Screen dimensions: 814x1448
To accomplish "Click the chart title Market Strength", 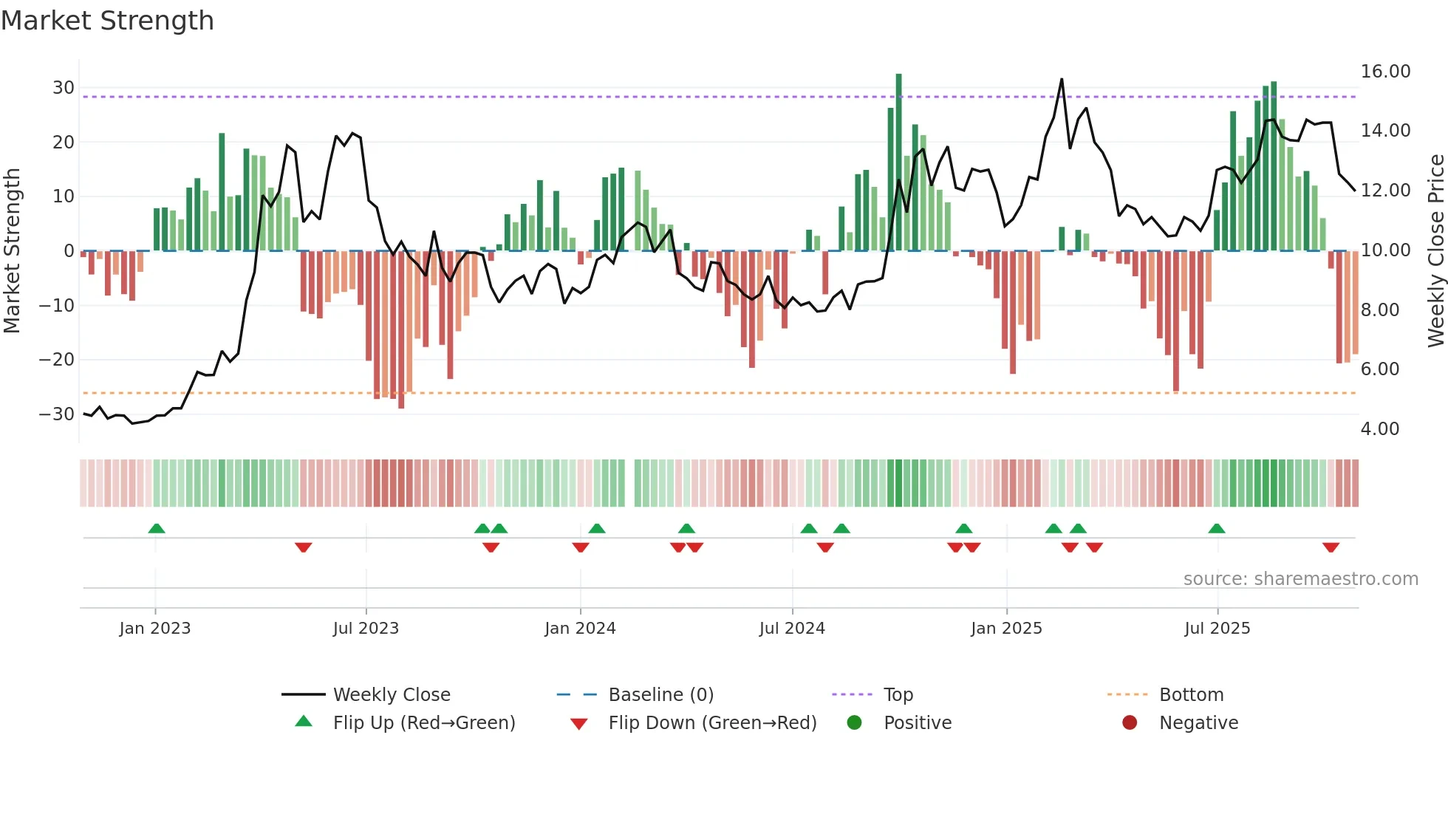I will [107, 21].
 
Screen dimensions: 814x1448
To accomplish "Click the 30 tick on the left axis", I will [64, 88].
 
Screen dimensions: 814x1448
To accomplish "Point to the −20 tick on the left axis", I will [57, 360].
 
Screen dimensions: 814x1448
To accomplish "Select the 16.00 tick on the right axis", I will [1385, 72].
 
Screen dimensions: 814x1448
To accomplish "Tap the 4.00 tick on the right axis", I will [1380, 429].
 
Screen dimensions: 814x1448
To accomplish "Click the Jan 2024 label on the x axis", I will [580, 629].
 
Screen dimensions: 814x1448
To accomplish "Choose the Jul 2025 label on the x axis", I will [1217, 629].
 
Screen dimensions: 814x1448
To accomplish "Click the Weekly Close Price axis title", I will [1435, 251].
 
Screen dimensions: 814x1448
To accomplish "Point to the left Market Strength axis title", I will [12, 251].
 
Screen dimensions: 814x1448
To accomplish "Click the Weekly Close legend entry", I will [392, 695].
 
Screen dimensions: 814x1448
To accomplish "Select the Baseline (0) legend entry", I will [660, 695].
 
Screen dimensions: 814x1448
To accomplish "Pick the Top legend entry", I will [898, 695].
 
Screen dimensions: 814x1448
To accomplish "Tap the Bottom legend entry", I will [1191, 695].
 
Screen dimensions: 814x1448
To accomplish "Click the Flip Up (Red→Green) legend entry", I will [423, 723].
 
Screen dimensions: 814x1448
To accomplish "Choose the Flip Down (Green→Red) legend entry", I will [712, 723].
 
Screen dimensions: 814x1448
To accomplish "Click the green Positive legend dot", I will [855, 723].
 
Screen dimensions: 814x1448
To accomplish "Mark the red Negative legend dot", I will [1130, 723].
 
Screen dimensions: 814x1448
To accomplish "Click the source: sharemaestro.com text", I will [1300, 579].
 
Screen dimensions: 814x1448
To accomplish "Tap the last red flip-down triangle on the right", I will [1331, 547].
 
